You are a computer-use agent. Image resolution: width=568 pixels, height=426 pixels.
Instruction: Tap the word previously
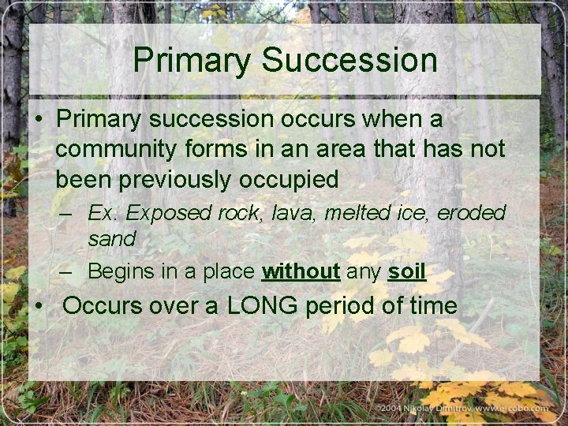180,179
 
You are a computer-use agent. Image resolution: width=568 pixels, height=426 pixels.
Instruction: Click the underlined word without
301,272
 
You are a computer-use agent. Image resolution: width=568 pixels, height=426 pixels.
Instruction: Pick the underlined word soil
406,272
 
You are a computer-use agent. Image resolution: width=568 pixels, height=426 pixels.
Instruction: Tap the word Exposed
165,213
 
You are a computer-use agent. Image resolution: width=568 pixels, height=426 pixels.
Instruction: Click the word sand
111,237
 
